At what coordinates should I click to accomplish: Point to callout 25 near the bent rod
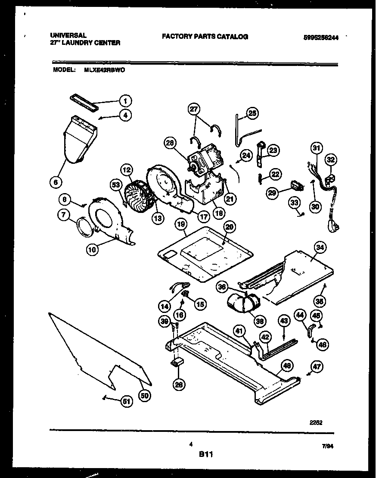pos(252,113)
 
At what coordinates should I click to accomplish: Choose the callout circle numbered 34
pos(320,247)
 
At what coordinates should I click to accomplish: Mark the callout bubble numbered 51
pos(126,402)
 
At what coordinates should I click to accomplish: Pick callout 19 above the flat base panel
pos(181,224)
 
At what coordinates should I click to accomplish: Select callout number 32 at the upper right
pos(331,160)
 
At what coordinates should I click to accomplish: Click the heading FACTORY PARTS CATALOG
pos(205,37)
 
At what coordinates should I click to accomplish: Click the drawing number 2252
pos(317,423)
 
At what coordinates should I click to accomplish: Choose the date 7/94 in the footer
pos(328,447)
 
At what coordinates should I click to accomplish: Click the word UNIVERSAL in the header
pos(68,35)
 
